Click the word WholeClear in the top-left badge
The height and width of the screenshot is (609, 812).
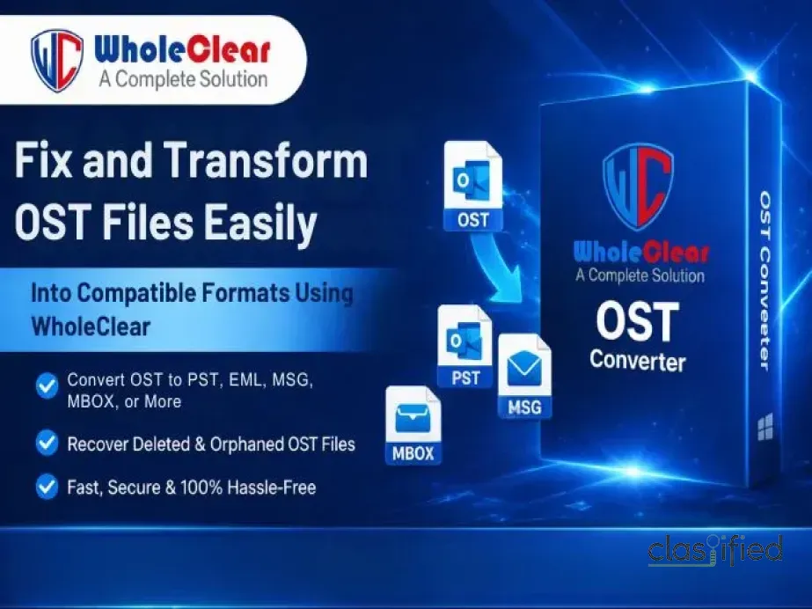point(182,49)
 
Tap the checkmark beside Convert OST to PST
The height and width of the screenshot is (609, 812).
point(46,385)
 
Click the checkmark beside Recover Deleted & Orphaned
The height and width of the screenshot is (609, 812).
point(46,444)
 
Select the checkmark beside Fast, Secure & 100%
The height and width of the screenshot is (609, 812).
point(46,486)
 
